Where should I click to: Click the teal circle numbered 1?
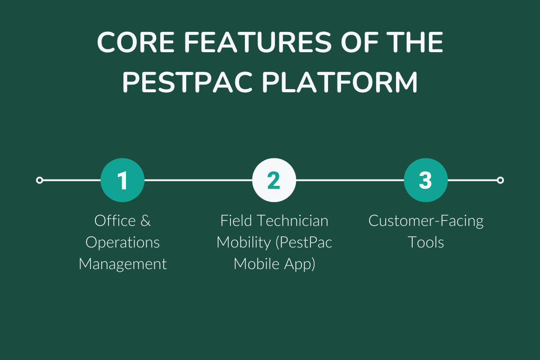pyautogui.click(x=122, y=180)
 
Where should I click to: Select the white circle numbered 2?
pyautogui.click(x=274, y=180)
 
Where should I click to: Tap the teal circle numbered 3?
pyautogui.click(x=426, y=180)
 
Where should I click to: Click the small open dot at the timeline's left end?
pyautogui.click(x=40, y=180)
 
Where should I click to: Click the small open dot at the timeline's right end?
pyautogui.click(x=500, y=180)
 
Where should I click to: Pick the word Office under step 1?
pyautogui.click(x=115, y=221)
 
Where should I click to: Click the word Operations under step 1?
pyautogui.click(x=122, y=243)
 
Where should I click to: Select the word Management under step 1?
pyautogui.click(x=122, y=264)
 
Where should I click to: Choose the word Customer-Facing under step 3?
pyautogui.click(x=426, y=221)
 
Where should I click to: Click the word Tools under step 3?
pyautogui.click(x=426, y=243)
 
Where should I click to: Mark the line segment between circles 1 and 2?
pyautogui.click(x=198, y=180)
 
